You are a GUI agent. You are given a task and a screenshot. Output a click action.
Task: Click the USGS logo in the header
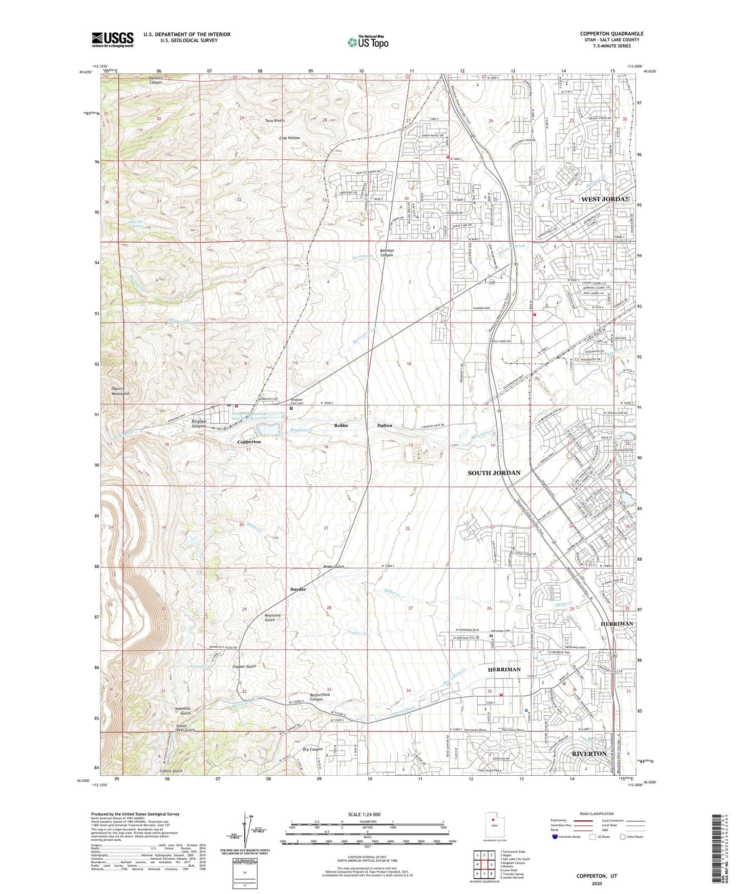(x=113, y=39)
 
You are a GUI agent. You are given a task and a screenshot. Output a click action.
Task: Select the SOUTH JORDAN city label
(x=494, y=473)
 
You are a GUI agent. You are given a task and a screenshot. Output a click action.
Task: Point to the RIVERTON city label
(x=589, y=754)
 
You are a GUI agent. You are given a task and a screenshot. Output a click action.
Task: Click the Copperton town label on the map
(x=249, y=441)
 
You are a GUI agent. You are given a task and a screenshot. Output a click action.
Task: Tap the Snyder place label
(x=298, y=589)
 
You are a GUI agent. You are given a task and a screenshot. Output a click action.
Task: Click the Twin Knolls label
(x=274, y=121)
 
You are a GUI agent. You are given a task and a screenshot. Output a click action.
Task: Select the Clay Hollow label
(x=289, y=138)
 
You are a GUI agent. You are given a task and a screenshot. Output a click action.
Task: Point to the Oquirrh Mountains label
(x=120, y=391)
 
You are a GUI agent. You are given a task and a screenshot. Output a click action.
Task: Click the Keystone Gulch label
(x=272, y=618)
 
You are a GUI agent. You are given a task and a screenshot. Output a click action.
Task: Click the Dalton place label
(x=385, y=425)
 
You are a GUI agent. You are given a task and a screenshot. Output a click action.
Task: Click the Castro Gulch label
(x=171, y=771)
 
